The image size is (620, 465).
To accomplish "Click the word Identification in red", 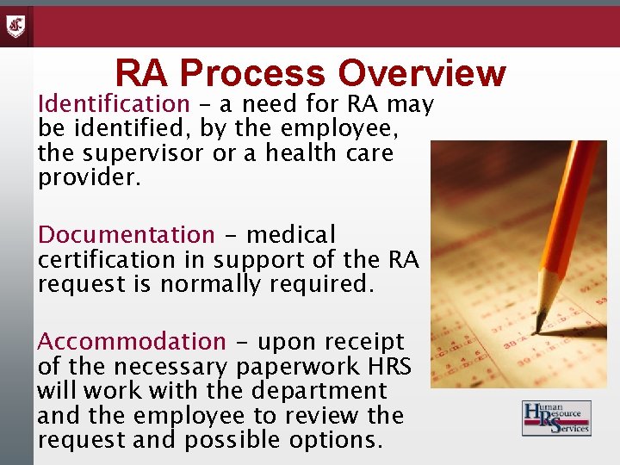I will (113, 105).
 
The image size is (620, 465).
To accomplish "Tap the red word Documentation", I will (126, 234).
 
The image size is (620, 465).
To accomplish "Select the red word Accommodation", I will (131, 342).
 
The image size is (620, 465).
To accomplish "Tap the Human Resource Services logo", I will (556, 418).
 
